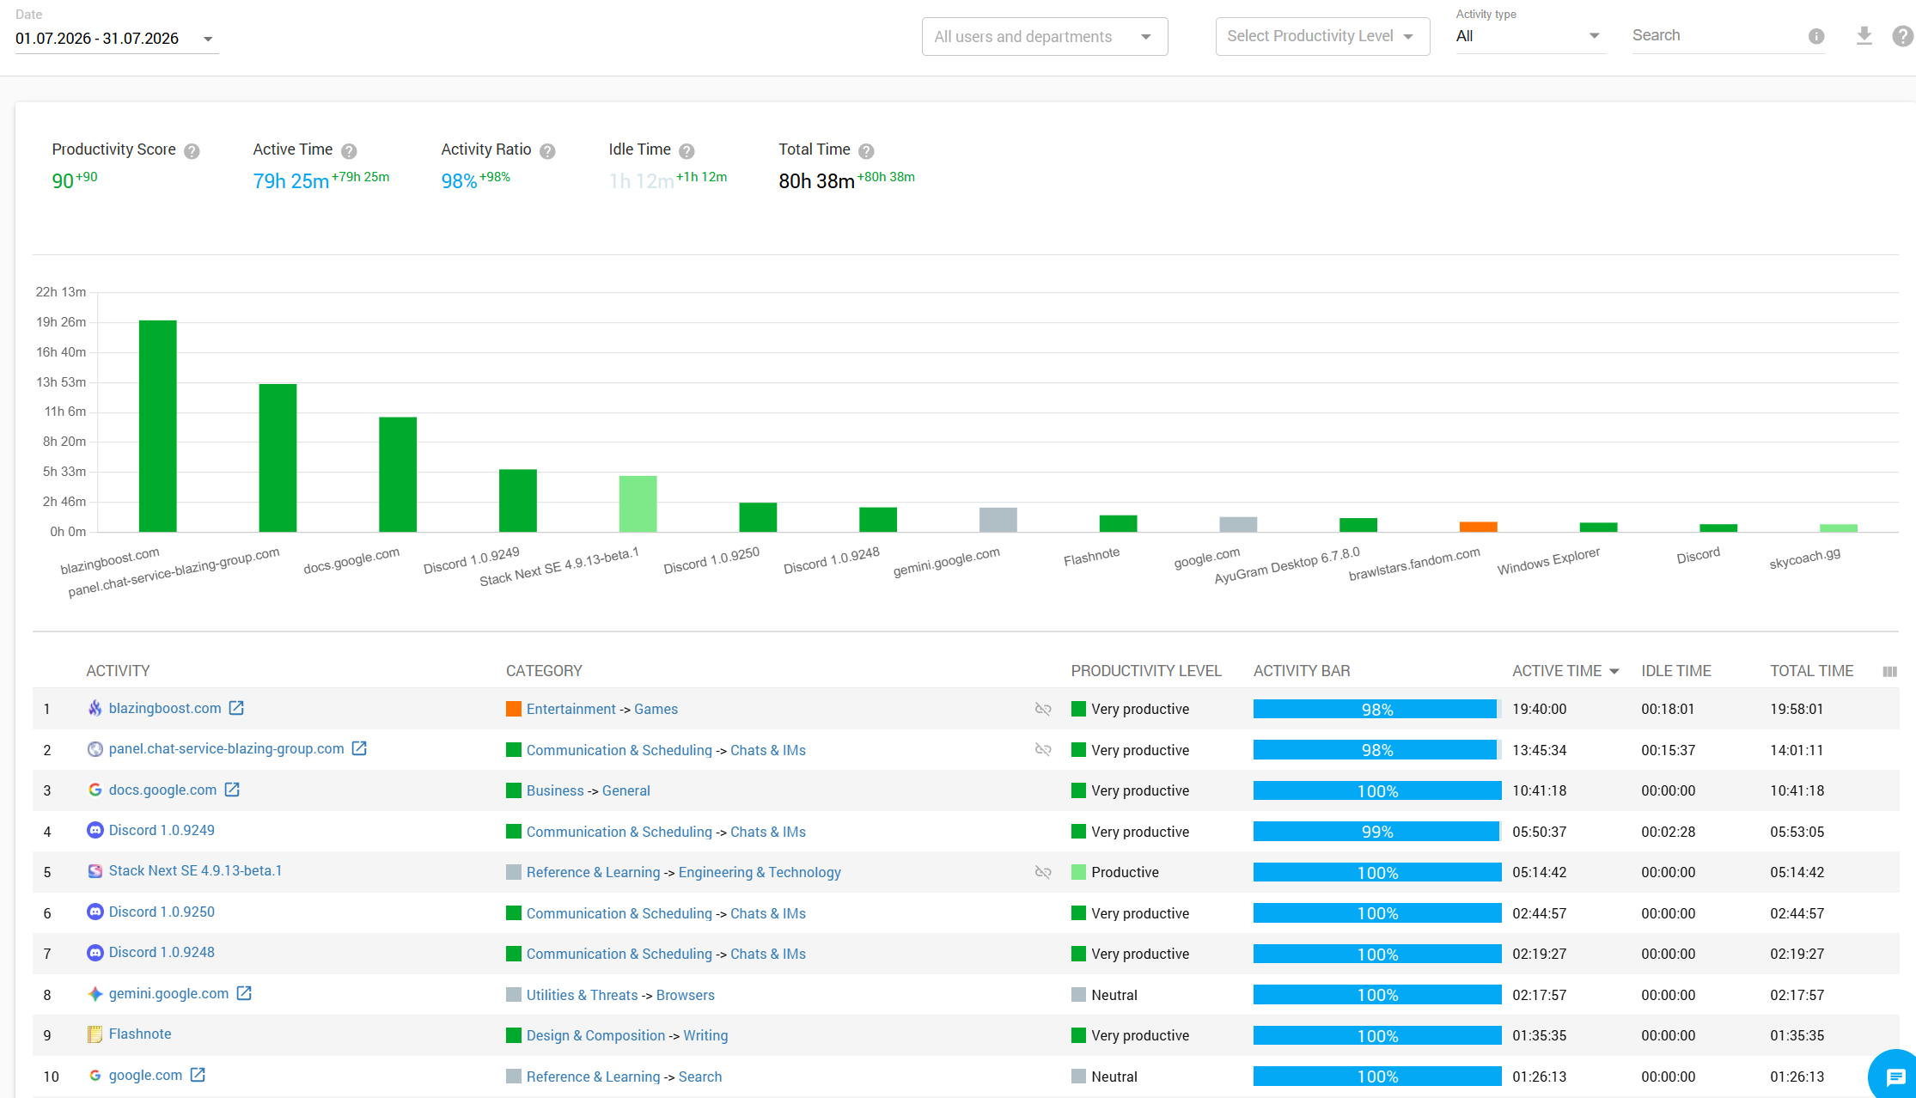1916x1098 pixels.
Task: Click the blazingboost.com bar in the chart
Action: click(x=158, y=426)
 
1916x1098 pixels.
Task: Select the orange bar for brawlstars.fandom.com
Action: click(x=1478, y=527)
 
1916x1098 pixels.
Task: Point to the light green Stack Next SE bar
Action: click(x=638, y=503)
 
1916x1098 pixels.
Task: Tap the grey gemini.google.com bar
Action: click(x=998, y=520)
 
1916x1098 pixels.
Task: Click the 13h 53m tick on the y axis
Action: click(x=61, y=382)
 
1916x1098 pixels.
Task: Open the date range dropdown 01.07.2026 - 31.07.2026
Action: click(x=115, y=39)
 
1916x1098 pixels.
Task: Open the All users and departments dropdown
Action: click(x=1045, y=37)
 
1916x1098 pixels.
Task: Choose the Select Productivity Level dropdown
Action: click(x=1322, y=36)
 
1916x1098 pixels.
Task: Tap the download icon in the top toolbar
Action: click(x=1864, y=35)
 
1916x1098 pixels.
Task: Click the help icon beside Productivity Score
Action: click(x=192, y=151)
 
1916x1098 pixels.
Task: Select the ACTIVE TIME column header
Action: click(x=1557, y=671)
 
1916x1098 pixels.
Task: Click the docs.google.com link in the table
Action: click(x=162, y=790)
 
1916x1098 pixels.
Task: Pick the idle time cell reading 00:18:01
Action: click(x=1668, y=709)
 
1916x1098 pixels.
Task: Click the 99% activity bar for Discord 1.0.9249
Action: click(x=1377, y=832)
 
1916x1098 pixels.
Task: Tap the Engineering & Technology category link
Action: click(x=760, y=872)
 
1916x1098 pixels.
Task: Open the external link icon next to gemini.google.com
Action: click(x=244, y=993)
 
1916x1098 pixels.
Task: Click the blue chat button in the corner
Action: click(x=1895, y=1077)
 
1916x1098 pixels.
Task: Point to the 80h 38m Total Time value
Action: click(x=816, y=181)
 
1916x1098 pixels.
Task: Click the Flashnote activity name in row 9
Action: click(x=140, y=1034)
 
